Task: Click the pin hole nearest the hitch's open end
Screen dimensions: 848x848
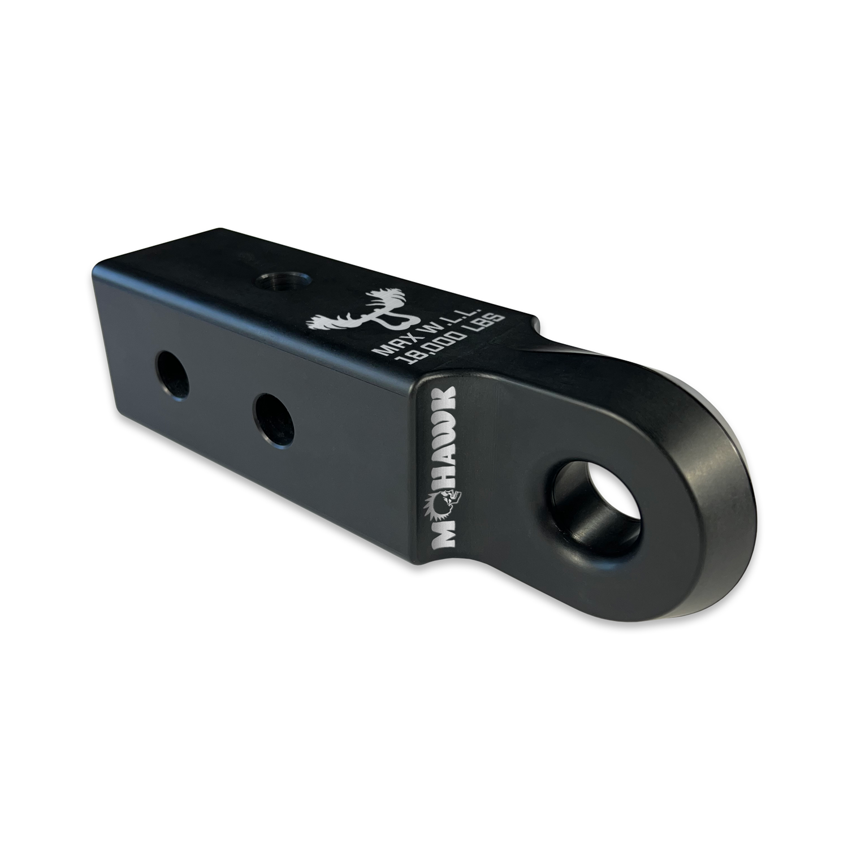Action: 172,374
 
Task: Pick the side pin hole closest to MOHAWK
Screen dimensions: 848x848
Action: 274,420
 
